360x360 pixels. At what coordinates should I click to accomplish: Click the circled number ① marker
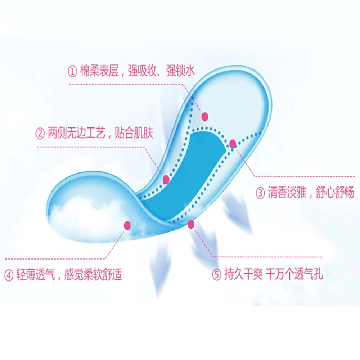pos(73,71)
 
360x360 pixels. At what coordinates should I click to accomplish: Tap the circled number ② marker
pos(40,134)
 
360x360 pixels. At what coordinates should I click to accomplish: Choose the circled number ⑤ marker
pos(216,275)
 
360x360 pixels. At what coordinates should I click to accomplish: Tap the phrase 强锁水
pos(180,71)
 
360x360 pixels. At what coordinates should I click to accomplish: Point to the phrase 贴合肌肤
pos(134,134)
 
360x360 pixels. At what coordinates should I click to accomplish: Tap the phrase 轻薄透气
pos(35,275)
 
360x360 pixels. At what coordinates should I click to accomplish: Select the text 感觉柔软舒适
pos(93,275)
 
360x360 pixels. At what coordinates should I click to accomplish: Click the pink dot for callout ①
pos(205,116)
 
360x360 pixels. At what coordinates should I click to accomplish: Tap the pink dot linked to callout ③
pos(233,144)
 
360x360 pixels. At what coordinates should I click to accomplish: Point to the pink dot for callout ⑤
pos(191,224)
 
